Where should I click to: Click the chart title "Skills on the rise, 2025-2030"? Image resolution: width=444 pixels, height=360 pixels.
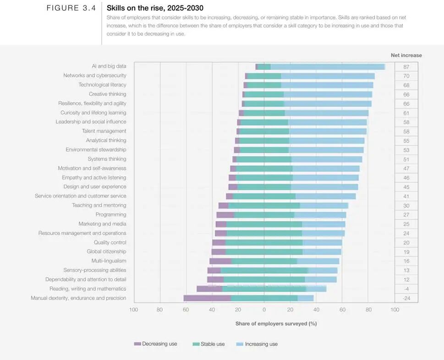tap(155, 8)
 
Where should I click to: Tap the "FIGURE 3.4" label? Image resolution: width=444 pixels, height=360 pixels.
tap(71, 8)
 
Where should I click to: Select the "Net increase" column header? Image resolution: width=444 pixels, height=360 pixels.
tap(406, 55)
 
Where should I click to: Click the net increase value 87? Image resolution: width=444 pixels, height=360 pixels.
tap(406, 67)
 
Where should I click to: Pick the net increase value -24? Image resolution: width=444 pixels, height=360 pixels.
tap(406, 298)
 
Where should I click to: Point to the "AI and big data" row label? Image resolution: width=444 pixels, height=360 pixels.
tap(109, 66)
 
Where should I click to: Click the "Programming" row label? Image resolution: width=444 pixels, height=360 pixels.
tap(111, 214)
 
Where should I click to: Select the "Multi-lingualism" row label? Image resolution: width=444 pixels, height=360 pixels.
tap(109, 261)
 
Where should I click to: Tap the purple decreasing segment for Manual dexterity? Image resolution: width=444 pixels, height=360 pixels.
tap(207, 298)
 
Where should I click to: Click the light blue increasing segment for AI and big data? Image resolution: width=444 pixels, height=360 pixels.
tap(328, 66)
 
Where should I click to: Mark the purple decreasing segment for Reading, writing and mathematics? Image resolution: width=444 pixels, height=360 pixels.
tap(209, 289)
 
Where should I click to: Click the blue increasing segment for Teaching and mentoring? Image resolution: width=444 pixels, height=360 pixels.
tap(324, 205)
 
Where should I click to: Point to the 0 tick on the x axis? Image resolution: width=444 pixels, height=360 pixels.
tap(264, 310)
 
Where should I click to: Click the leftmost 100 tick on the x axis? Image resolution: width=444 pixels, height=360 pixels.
tap(133, 310)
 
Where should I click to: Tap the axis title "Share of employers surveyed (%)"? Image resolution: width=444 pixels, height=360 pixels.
tap(276, 323)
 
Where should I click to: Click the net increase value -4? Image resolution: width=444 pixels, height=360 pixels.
tap(406, 289)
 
